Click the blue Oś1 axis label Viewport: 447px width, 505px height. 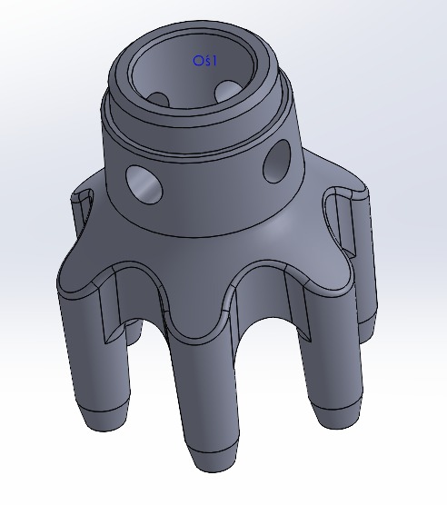pos(202,60)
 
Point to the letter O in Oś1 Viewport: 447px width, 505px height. pos(196,60)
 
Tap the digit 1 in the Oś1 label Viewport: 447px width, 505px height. pos(209,60)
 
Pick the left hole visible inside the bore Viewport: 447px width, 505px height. pos(160,97)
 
